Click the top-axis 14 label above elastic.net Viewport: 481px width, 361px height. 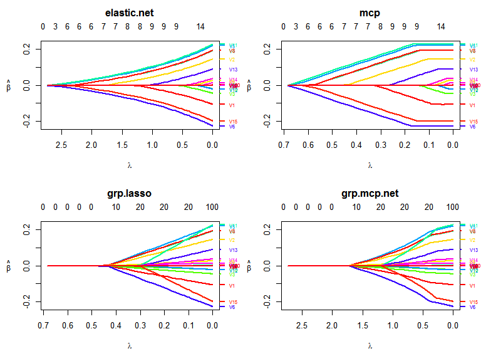point(200,27)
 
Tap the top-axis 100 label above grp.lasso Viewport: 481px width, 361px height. point(212,207)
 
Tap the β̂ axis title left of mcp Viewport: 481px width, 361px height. point(249,86)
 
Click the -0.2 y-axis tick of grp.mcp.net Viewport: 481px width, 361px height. point(267,303)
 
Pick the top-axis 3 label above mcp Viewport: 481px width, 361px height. point(296,27)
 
